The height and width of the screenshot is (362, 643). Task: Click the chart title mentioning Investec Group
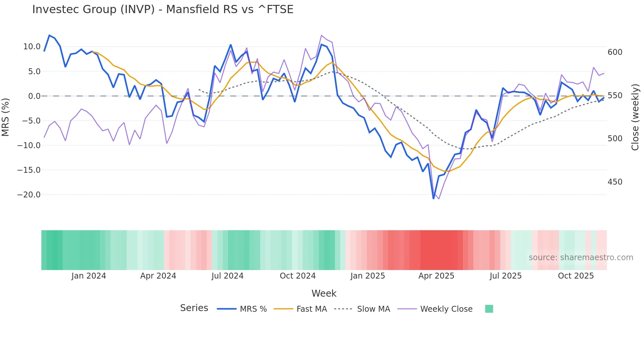click(x=163, y=10)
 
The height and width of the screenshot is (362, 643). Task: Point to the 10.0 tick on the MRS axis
click(x=32, y=47)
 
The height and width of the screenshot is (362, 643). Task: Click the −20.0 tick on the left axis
click(x=29, y=195)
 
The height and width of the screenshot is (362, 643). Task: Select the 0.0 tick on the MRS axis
click(x=34, y=96)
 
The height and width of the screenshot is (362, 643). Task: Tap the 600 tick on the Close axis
click(x=615, y=52)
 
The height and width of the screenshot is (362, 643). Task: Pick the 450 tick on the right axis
click(x=615, y=182)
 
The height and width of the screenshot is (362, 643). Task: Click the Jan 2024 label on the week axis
click(x=89, y=276)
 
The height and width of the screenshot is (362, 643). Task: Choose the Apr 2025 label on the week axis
click(x=436, y=276)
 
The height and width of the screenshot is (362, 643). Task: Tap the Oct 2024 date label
click(x=298, y=276)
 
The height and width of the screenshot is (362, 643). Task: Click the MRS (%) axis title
click(x=6, y=117)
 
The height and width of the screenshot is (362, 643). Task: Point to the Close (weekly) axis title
click(x=635, y=117)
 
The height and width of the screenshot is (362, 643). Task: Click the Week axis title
click(x=324, y=293)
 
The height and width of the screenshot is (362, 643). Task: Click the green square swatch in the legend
click(x=489, y=309)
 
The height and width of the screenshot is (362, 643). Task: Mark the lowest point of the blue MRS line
click(x=433, y=198)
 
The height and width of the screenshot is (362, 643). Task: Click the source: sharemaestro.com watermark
click(x=581, y=258)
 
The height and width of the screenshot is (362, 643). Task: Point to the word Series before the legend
click(x=194, y=308)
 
